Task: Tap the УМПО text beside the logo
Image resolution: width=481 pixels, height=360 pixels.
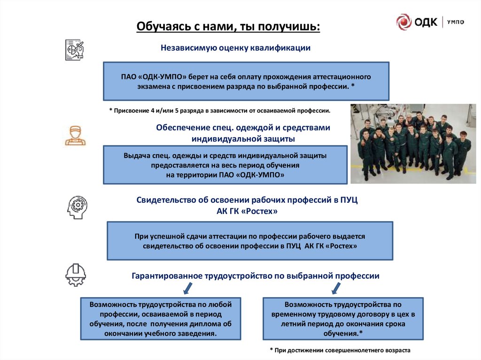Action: [x=456, y=22]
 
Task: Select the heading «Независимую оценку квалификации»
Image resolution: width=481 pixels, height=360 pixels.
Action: [x=236, y=48]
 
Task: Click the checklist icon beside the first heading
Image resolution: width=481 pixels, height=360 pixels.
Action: [x=74, y=50]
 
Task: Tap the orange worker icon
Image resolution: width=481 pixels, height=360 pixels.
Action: [x=75, y=135]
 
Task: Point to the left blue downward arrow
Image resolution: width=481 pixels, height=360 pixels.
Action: [x=186, y=287]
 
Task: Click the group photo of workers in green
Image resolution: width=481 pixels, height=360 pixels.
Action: [x=413, y=143]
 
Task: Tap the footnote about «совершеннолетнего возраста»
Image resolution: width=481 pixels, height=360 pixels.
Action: [x=340, y=350]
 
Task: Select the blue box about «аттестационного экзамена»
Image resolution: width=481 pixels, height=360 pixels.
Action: [x=246, y=81]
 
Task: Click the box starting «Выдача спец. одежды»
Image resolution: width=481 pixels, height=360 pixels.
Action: [x=225, y=164]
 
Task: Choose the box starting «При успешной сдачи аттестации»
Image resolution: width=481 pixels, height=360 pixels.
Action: [x=249, y=241]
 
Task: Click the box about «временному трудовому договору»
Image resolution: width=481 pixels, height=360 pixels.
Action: [x=343, y=319]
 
